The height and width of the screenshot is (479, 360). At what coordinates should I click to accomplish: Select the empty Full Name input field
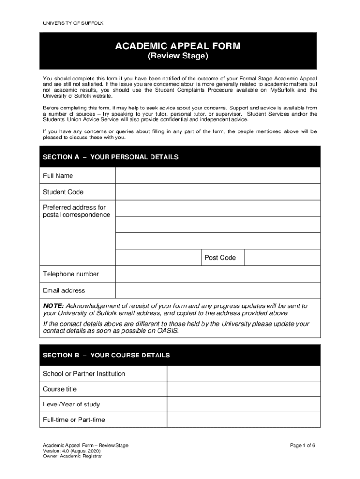217,176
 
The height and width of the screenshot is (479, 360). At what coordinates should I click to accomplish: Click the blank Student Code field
217,192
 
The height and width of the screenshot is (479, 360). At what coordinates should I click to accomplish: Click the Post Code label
220,258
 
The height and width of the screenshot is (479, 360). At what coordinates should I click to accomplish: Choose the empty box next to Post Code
282,258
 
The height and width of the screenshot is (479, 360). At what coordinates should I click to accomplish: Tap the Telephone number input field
217,274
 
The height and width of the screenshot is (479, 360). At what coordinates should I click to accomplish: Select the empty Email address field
217,290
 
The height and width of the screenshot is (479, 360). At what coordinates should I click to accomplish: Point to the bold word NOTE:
53,306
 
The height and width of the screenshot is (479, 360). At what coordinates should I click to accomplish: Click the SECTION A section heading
110,157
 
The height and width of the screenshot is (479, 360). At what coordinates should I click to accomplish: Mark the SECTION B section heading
106,356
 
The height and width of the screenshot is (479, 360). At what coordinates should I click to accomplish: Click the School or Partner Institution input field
243,374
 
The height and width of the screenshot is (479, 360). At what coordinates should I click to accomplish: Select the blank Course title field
243,389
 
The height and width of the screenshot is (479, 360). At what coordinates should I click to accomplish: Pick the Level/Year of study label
72,405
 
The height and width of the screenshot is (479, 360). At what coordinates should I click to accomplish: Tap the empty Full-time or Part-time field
243,420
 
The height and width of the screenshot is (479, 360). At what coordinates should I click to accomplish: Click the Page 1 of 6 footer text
302,446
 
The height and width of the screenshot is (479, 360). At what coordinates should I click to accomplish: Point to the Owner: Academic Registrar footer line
72,457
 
